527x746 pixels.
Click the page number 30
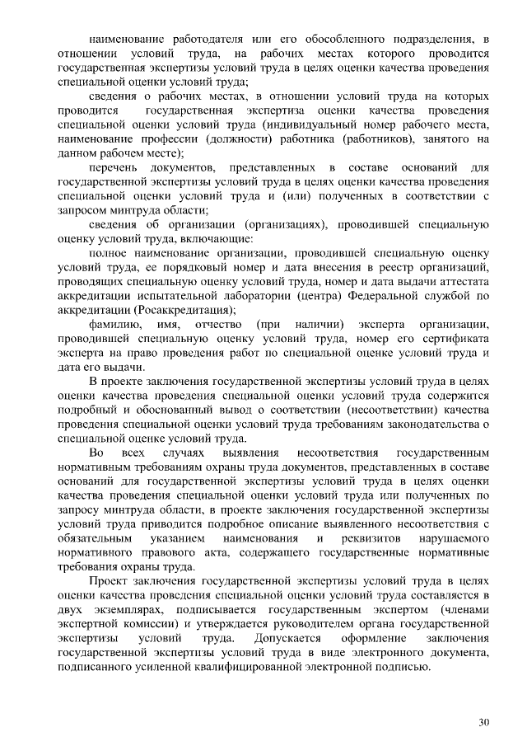484,722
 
